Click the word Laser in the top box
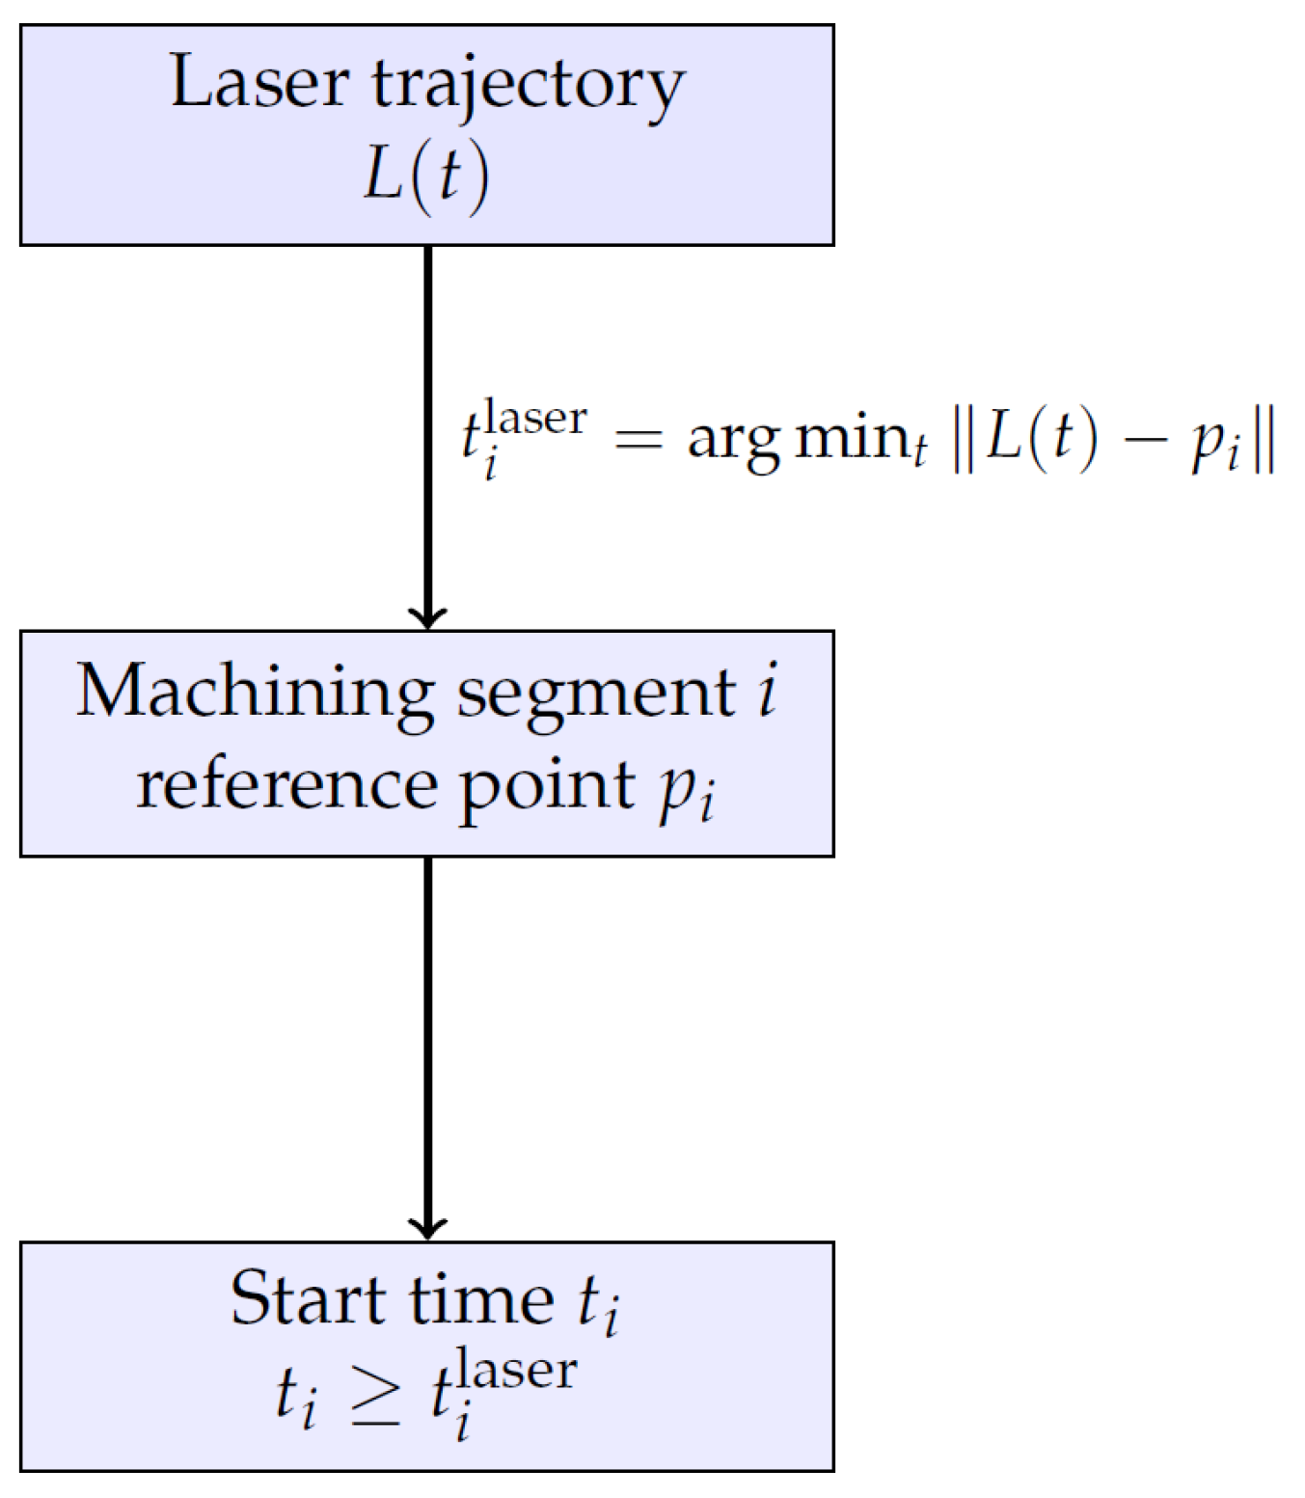tap(259, 81)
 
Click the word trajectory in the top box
tap(529, 89)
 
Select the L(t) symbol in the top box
tap(426, 177)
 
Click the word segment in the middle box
tap(596, 699)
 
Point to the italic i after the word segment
tap(767, 690)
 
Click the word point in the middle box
tap(547, 791)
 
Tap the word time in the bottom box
tap(481, 1297)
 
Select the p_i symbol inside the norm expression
tap(1215, 449)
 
